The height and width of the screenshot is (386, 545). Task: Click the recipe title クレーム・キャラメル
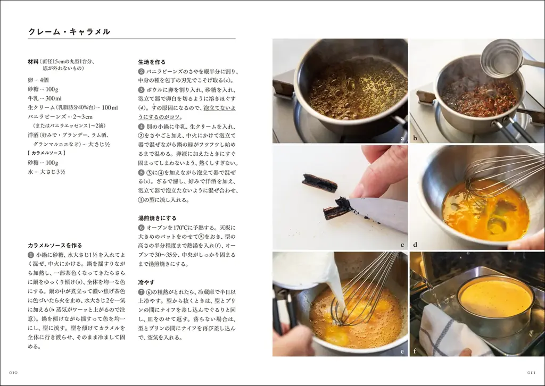point(69,31)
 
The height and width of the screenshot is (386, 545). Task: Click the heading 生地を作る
point(152,62)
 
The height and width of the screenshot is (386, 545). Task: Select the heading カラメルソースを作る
point(55,246)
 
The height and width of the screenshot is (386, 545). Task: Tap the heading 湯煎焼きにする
point(157,218)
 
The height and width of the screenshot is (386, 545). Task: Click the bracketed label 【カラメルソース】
point(46,153)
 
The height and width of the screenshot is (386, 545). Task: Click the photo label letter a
point(402,138)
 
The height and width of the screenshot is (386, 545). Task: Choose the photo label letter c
point(402,245)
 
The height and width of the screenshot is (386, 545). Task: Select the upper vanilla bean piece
point(319,183)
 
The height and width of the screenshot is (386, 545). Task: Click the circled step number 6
point(142,228)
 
